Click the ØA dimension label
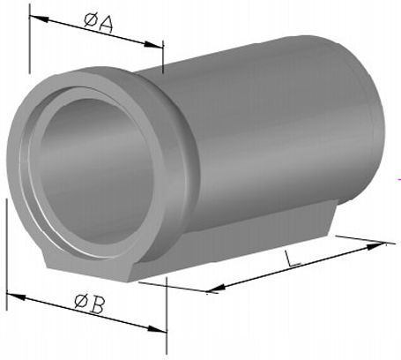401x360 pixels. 99,23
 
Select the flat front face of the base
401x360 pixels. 88,265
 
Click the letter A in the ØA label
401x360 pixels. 107,24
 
